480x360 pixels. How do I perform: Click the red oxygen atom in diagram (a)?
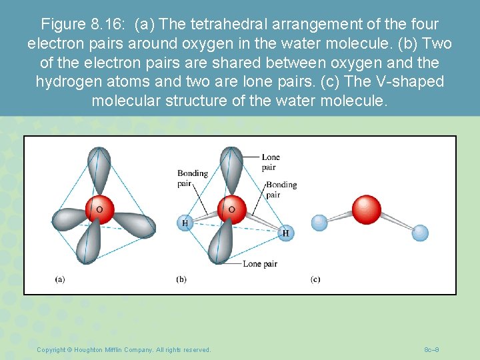[100, 209]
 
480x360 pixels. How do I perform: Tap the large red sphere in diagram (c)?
[366, 209]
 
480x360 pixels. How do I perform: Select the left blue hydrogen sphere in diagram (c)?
[319, 222]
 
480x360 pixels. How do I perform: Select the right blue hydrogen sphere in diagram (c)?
[420, 233]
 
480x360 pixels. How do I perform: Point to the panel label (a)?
[60, 279]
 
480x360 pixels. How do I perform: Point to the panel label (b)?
[181, 279]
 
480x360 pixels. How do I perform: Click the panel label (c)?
[315, 279]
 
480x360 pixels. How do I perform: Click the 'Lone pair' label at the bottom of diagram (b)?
[260, 264]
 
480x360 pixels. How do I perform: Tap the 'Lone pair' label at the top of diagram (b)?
[271, 162]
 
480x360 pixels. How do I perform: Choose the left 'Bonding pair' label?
[192, 178]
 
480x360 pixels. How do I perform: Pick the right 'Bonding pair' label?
[281, 189]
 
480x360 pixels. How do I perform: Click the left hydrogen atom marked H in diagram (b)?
[185, 223]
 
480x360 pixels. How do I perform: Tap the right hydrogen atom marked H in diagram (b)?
[285, 233]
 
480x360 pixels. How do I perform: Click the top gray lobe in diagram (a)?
[99, 171]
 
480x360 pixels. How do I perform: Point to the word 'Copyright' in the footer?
[51, 350]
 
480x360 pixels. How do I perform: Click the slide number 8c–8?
[431, 350]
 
